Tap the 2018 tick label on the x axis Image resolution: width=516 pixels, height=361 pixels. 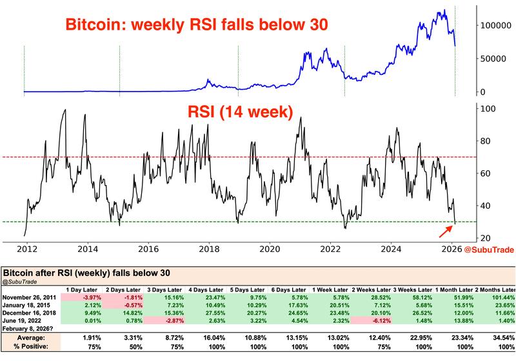point(208,248)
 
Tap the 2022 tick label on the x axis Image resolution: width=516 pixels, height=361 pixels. point(331,248)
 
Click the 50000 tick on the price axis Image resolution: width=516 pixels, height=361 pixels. point(490,58)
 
